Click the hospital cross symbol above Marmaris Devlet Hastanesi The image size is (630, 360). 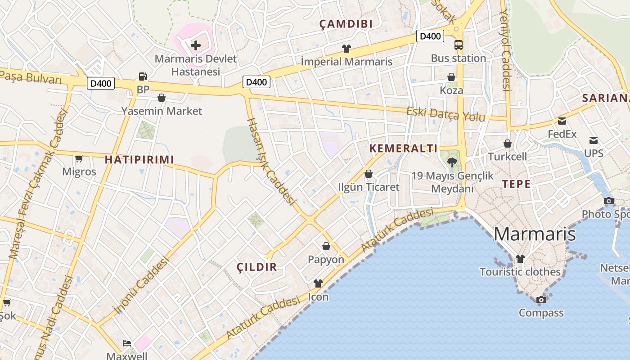pyautogui.click(x=196, y=45)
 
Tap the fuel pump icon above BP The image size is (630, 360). pyautogui.click(x=143, y=77)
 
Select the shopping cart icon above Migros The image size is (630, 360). pyautogui.click(x=79, y=158)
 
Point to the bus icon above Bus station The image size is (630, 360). pyautogui.click(x=458, y=45)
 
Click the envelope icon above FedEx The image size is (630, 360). pyautogui.click(x=562, y=121)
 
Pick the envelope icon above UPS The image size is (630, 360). pyautogui.click(x=594, y=140)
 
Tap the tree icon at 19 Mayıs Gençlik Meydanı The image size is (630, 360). pyautogui.click(x=452, y=162)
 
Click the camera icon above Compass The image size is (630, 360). pyautogui.click(x=541, y=300)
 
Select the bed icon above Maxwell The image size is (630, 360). pyautogui.click(x=127, y=343)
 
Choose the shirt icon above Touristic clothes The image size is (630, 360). pyautogui.click(x=520, y=259)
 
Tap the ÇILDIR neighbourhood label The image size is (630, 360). pyautogui.click(x=257, y=267)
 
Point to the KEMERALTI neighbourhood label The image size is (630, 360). pyautogui.click(x=403, y=148)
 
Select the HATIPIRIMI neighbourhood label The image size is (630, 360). pyautogui.click(x=139, y=159)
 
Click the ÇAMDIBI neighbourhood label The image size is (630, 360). pyautogui.click(x=346, y=24)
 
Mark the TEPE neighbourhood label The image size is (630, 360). pyautogui.click(x=516, y=184)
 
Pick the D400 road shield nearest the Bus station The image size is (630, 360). pyautogui.click(x=430, y=36)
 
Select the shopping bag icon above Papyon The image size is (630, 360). pyautogui.click(x=326, y=246)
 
